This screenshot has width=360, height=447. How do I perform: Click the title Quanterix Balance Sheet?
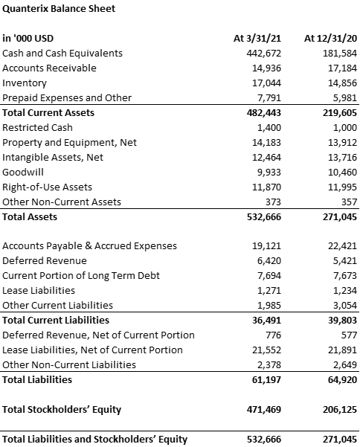coord(59,8)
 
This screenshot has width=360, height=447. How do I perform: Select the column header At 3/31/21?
coord(257,38)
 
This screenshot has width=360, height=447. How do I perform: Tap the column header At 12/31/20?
coord(330,38)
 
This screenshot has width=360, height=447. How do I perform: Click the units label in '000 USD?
coord(28,38)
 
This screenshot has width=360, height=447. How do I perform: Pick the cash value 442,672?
coord(263,54)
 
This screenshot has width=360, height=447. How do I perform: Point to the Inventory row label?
coord(25,83)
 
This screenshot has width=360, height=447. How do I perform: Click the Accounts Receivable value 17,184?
coord(342,68)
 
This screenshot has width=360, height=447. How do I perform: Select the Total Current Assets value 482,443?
coord(263,112)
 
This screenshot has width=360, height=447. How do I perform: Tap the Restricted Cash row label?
coord(37,127)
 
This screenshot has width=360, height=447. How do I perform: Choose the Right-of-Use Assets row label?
coord(47,187)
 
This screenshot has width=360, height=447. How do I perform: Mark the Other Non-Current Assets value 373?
coord(273,202)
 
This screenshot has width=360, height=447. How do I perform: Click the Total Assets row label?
coord(30,217)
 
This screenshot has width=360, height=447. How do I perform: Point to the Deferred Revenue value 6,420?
coord(269,261)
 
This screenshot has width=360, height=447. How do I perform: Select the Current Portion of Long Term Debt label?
coord(81,276)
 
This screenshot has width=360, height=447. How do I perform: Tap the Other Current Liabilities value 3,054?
coord(344,306)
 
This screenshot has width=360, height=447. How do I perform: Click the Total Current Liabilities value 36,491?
coord(266,320)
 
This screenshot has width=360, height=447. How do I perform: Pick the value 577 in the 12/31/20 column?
coord(349,335)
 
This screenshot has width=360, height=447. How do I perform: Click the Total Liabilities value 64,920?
coord(342,380)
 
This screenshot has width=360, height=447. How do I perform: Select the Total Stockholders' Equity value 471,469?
coord(263,409)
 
